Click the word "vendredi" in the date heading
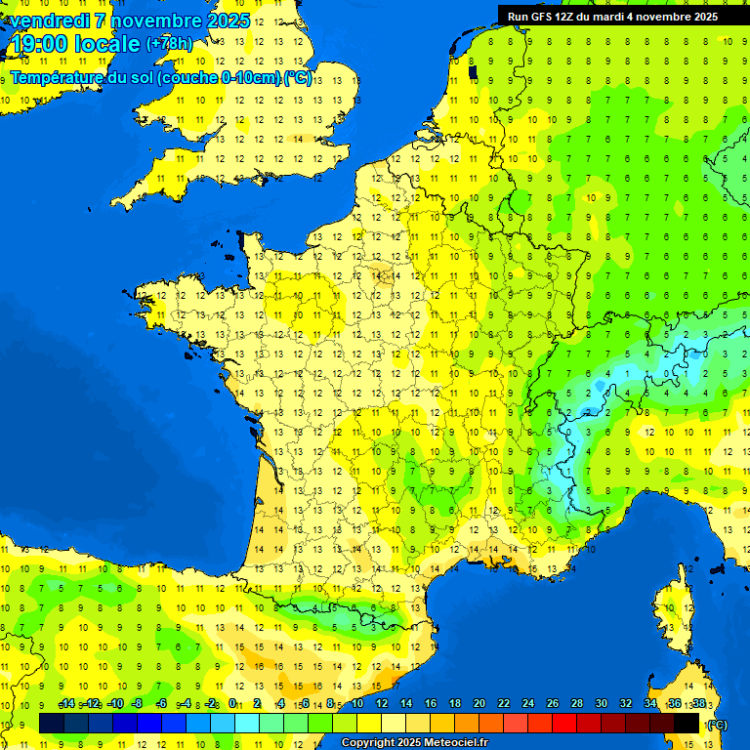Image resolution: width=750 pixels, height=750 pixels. point(50,21)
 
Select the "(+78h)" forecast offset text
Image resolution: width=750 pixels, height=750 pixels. point(169,44)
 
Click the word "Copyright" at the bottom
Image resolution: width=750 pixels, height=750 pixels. point(368,743)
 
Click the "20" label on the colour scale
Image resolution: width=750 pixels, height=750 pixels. point(479,703)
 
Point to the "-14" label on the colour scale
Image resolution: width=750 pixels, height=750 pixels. point(66,703)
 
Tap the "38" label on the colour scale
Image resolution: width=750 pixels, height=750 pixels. point(699,703)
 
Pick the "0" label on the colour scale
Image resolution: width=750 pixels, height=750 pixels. point(232,703)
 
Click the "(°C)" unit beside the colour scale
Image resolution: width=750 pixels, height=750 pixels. point(718,724)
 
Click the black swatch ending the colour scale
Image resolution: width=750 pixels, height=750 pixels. point(687,723)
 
